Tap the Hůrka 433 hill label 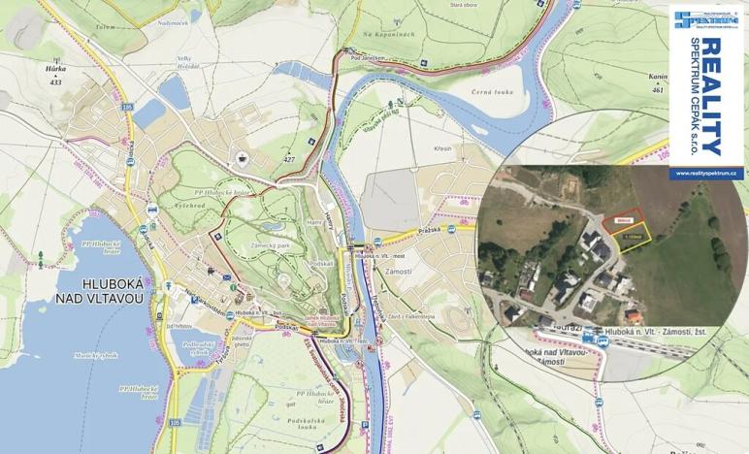pyautogui.click(x=54, y=76)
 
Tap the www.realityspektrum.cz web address pyautogui.click(x=707, y=174)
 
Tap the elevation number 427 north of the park pyautogui.click(x=288, y=158)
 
